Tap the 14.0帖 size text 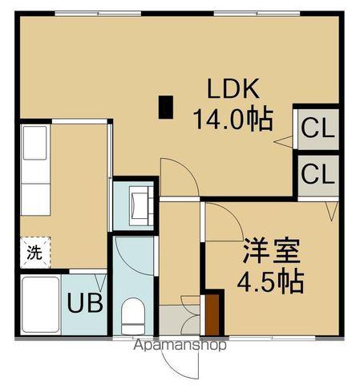tap(231, 120)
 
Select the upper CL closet tap(318, 128)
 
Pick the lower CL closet tap(318, 173)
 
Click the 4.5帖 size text tap(272, 282)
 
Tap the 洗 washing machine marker tap(34, 253)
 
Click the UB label tap(82, 304)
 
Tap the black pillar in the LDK tap(166, 107)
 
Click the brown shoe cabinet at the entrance tap(212, 314)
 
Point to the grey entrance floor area tap(177, 321)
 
